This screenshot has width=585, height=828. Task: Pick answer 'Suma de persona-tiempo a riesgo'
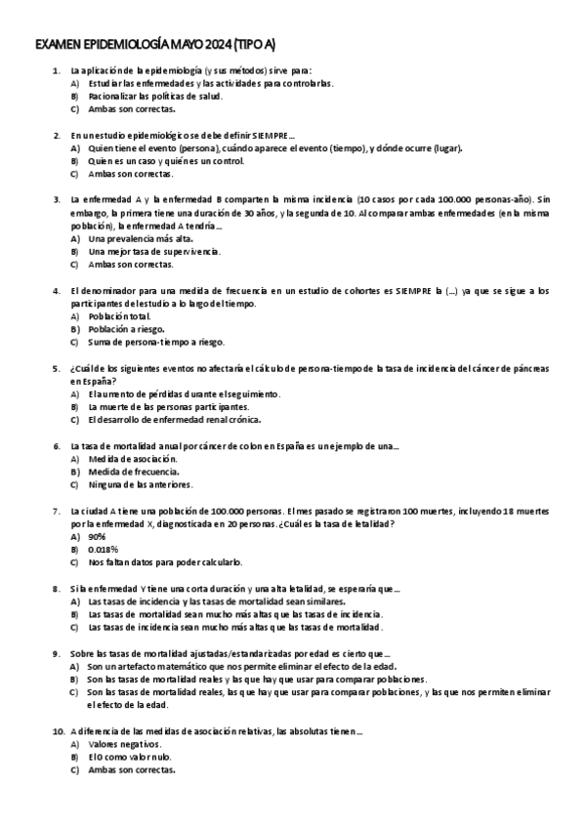(x=155, y=342)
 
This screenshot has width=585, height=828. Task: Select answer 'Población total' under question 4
(x=119, y=316)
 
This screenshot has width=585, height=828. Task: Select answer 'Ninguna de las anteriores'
(x=140, y=483)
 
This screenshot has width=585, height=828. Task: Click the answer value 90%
(x=97, y=536)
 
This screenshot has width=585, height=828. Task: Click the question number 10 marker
(x=57, y=729)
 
